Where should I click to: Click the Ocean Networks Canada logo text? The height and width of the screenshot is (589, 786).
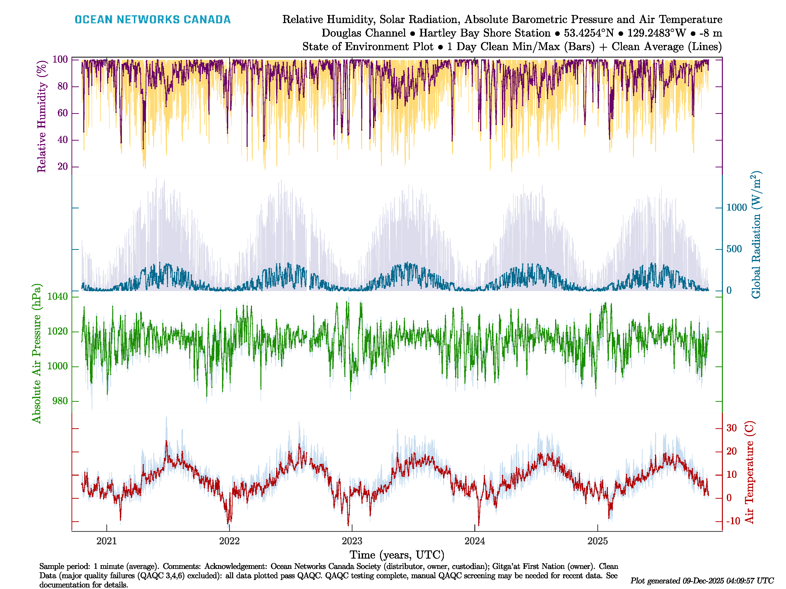pos(153,20)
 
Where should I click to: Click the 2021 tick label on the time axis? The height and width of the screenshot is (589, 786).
pos(107,541)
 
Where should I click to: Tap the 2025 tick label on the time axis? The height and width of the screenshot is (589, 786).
pos(597,541)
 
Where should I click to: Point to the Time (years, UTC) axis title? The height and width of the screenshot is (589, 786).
pos(397,555)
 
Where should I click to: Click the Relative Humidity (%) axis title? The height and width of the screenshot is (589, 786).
pos(42,117)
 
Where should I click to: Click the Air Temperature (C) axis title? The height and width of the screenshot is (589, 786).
pos(749,472)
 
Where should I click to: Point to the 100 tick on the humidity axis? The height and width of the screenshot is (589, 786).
pos(60,59)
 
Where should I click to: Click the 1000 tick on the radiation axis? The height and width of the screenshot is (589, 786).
pos(737,208)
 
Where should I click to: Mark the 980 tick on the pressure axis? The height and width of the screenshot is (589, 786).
pos(60,401)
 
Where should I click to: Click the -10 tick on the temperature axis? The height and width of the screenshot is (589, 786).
pos(733,521)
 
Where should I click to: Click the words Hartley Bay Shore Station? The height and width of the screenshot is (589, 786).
pos(485,33)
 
